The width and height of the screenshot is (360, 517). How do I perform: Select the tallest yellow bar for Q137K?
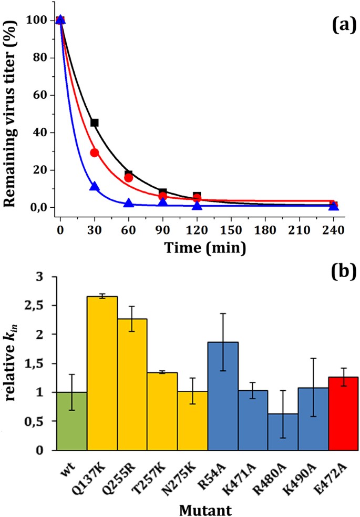pyautogui.click(x=102, y=373)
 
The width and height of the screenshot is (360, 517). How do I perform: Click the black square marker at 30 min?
pyautogui.click(x=95, y=123)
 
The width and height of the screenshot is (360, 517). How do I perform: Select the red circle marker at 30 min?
pyautogui.click(x=95, y=153)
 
